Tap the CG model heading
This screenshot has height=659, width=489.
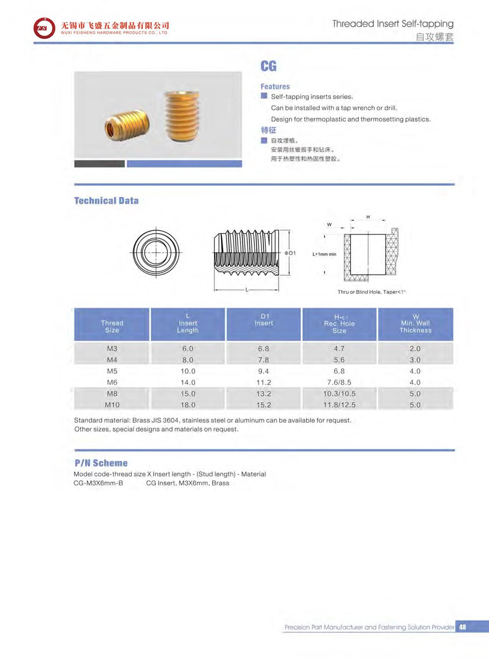pos(268,66)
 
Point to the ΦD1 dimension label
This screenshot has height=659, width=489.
pos(290,253)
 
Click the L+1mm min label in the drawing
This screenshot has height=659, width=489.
pos(324,254)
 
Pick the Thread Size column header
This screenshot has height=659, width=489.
pos(112,326)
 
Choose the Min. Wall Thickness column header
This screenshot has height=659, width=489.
pos(415,324)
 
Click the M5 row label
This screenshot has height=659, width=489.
pos(112,371)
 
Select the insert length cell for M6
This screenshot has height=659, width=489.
pos(188,382)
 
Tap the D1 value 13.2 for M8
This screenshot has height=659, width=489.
pos(264,394)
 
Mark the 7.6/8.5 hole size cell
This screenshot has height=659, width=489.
pos(339,382)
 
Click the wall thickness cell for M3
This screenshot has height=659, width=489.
pos(415,348)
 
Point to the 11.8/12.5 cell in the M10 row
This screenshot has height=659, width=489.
pos(339,405)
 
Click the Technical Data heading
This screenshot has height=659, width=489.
pos(106,200)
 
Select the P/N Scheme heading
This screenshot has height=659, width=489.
pos(101,463)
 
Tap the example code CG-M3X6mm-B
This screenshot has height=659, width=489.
pos(98,483)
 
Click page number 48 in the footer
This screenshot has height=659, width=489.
pos(463,627)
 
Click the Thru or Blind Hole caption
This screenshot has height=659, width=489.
pos(371,292)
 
